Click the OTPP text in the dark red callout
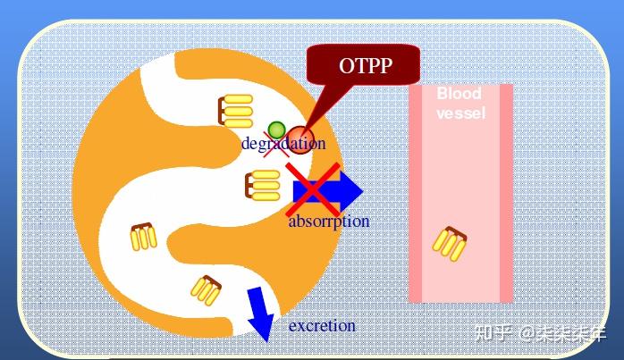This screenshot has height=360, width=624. click(366, 65)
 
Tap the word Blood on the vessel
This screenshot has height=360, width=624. click(459, 94)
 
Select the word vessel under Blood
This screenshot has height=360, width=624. click(460, 113)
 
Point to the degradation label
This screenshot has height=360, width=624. click(283, 143)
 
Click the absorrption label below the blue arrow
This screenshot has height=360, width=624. click(328, 221)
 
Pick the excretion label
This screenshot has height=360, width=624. click(322, 326)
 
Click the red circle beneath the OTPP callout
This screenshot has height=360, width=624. click(299, 141)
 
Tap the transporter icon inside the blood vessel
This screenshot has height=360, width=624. click(450, 242)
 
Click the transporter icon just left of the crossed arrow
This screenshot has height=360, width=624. click(262, 186)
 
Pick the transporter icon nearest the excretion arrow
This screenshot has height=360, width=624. click(207, 290)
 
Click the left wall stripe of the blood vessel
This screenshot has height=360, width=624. click(415, 193)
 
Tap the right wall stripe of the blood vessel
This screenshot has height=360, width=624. click(506, 193)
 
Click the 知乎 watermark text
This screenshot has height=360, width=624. click(493, 334)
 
